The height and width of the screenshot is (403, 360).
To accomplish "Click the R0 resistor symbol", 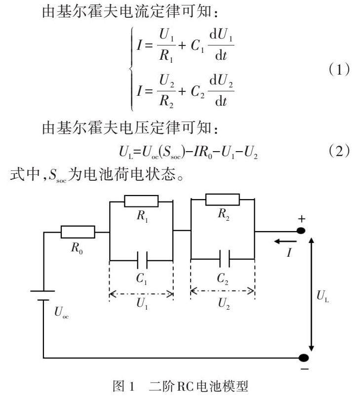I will click(x=78, y=232).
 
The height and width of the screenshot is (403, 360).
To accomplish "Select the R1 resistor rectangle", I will click(x=141, y=201).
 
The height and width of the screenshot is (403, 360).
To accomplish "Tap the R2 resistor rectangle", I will click(x=222, y=199).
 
